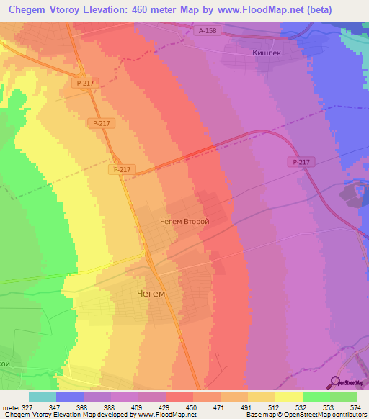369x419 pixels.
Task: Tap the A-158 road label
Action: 208,30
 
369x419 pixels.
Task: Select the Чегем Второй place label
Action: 184,222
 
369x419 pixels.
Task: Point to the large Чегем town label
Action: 151,294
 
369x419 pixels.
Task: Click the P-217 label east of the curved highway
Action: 301,163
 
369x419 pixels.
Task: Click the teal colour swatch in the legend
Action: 43,397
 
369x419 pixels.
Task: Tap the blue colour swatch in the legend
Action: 70,397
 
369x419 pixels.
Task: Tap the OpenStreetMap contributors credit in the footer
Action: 309,415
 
